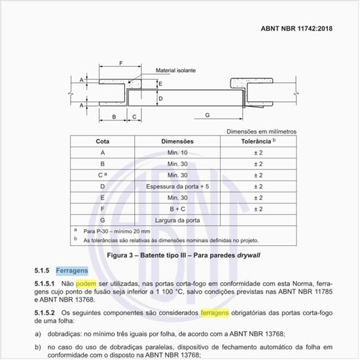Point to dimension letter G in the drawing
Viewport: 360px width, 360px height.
(x=206, y=115)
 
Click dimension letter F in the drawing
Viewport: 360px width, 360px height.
(x=121, y=63)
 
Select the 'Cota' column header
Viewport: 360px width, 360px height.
(x=102, y=141)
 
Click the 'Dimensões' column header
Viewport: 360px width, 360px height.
(x=177, y=141)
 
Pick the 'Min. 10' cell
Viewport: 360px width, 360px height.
(x=177, y=153)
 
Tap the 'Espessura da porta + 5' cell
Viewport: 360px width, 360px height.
(x=177, y=186)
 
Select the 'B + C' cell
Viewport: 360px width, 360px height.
(x=177, y=209)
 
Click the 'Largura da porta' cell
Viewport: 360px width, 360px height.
(x=177, y=220)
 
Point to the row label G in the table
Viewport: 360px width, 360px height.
(x=102, y=220)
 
